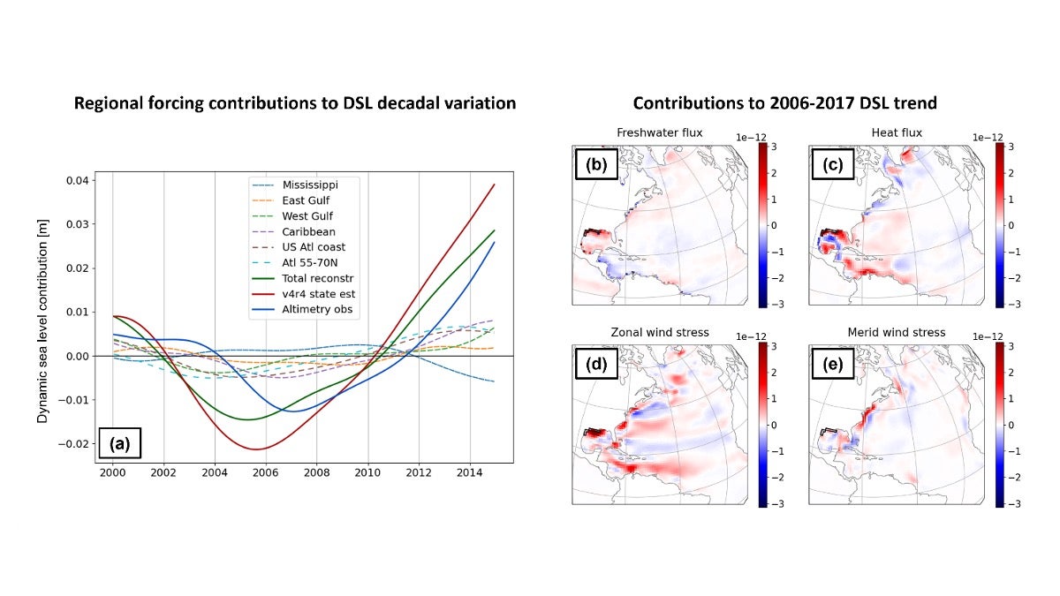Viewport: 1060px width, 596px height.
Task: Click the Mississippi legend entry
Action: click(310, 185)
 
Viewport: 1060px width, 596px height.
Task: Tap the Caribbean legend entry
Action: click(308, 231)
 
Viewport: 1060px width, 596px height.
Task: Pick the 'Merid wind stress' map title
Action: click(896, 333)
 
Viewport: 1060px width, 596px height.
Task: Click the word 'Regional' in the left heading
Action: click(109, 103)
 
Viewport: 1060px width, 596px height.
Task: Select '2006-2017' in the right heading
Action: click(807, 103)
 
